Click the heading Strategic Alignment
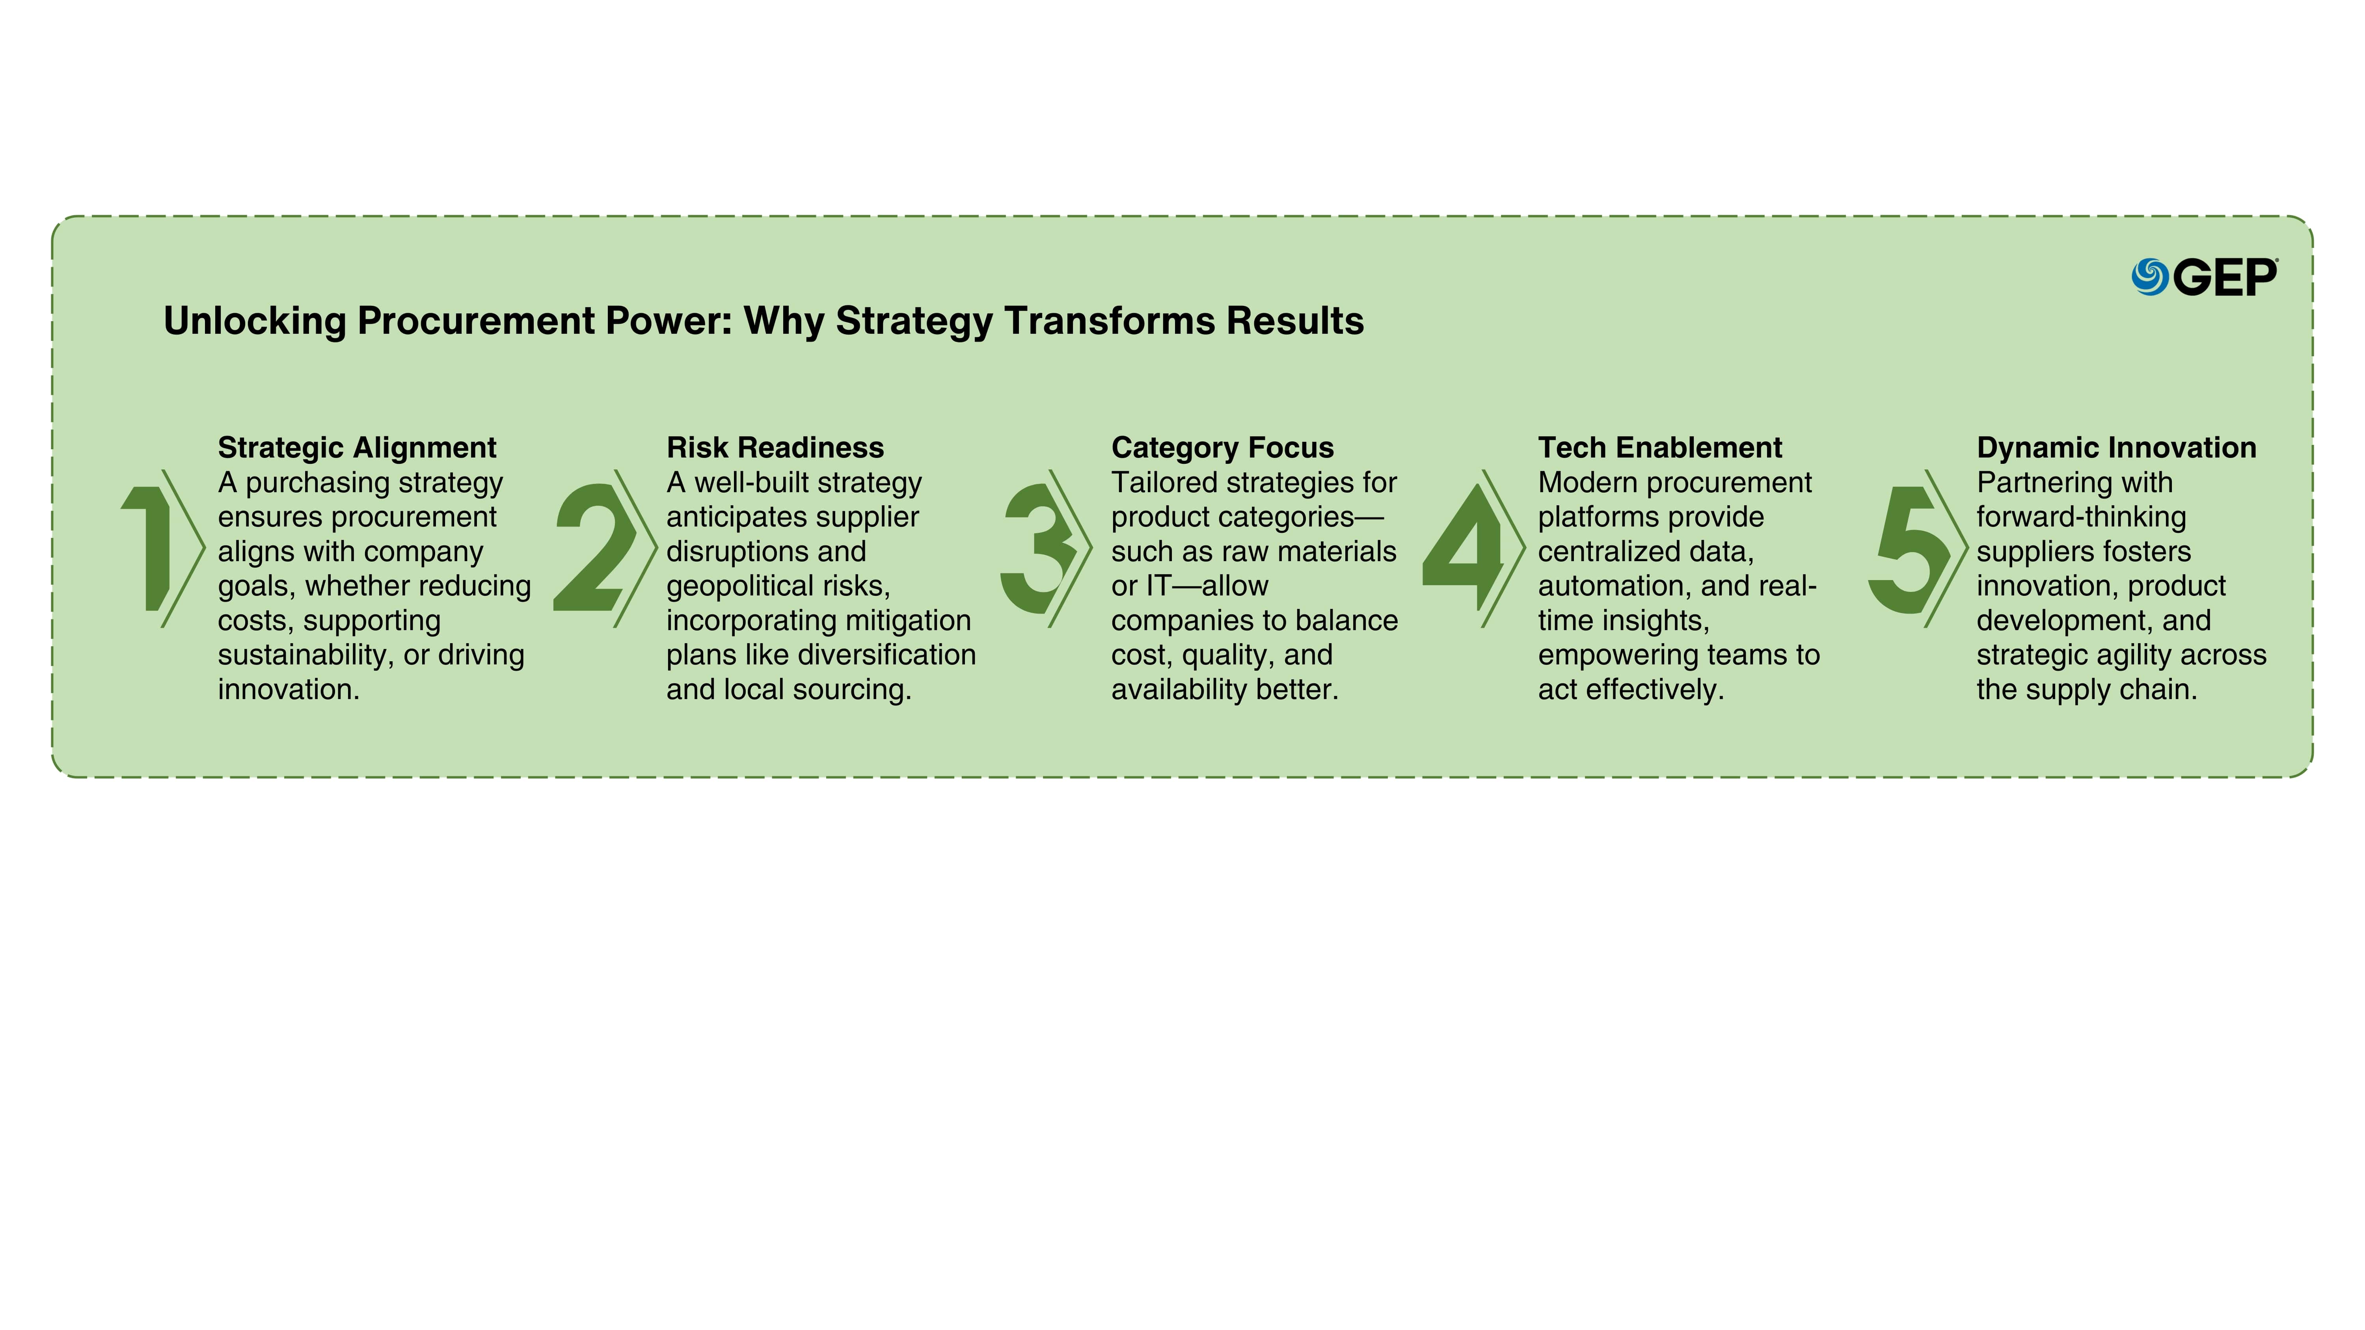(357, 448)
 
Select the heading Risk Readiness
(775, 448)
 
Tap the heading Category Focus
(1222, 448)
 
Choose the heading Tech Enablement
(1660, 448)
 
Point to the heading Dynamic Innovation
(2116, 448)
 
